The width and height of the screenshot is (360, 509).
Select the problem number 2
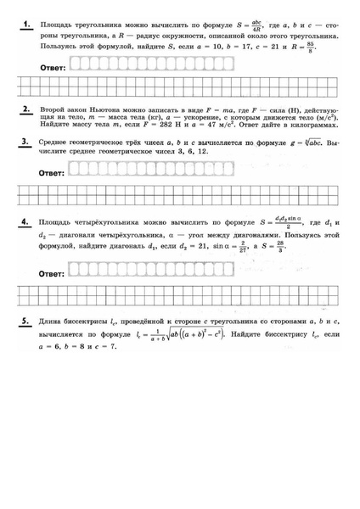coord(27,110)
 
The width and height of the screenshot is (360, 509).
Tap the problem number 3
coord(27,142)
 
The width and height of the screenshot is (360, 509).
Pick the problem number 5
coord(27,322)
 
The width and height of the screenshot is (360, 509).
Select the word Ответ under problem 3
coord(53,172)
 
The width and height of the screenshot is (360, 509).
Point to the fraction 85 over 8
coord(322,52)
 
